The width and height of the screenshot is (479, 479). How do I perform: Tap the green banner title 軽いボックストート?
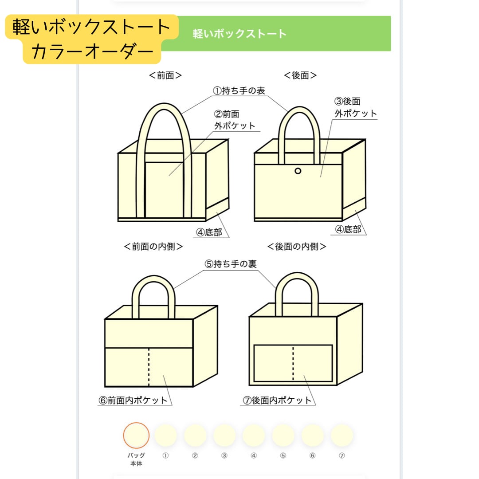[x=239, y=34]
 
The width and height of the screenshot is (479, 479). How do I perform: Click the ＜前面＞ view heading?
[x=165, y=75]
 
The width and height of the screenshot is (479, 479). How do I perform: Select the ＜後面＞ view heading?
[x=300, y=75]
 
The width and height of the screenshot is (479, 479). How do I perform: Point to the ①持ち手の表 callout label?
[x=239, y=90]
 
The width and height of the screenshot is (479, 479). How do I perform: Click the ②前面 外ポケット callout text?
[x=235, y=120]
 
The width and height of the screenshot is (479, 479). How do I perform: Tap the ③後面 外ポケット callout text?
[x=355, y=108]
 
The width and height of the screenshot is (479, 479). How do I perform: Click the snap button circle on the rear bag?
[x=298, y=171]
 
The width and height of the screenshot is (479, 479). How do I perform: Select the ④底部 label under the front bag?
[x=209, y=232]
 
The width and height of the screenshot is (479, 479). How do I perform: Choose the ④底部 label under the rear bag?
[x=348, y=230]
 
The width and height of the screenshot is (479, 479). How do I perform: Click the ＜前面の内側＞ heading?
[x=153, y=247]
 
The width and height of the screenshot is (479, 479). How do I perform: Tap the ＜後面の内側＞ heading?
[x=296, y=247]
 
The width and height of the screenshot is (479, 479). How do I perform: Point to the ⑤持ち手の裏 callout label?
[x=231, y=264]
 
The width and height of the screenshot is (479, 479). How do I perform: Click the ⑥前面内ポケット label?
[x=133, y=400]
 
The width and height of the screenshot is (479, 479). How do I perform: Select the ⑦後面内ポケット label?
[x=277, y=400]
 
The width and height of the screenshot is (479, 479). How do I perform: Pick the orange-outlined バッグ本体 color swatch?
[x=136, y=435]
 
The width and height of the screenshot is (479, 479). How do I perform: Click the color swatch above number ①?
[x=165, y=435]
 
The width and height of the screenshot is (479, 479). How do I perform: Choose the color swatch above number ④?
[x=254, y=435]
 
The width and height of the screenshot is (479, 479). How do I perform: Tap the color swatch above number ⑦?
[x=342, y=435]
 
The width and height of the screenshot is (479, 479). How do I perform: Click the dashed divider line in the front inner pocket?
[x=149, y=367]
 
